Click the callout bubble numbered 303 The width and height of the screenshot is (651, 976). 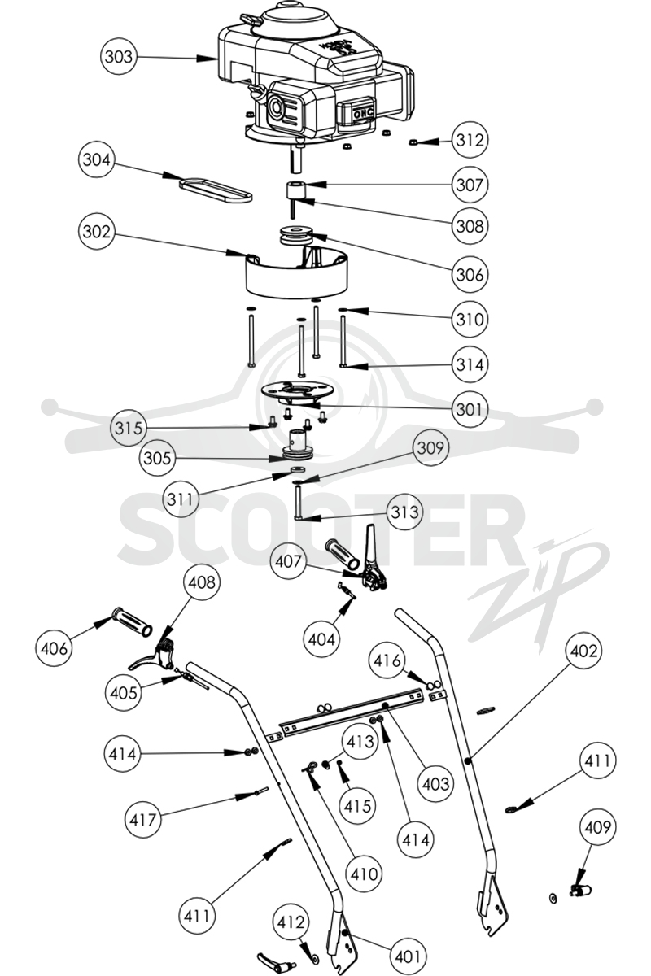pyautogui.click(x=119, y=57)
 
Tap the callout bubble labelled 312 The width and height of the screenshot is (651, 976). pyautogui.click(x=470, y=140)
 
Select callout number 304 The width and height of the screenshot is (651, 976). pyautogui.click(x=96, y=160)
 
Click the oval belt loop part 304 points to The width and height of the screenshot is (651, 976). pyautogui.click(x=216, y=189)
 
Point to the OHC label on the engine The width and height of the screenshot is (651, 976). pyautogui.click(x=363, y=113)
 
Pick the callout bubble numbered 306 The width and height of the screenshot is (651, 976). pyautogui.click(x=470, y=275)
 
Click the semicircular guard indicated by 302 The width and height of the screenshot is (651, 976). pyautogui.click(x=297, y=272)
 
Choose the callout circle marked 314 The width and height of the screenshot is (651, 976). pyautogui.click(x=470, y=364)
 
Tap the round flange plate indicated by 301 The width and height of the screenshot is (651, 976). pyautogui.click(x=297, y=390)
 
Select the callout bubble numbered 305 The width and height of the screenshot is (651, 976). pyautogui.click(x=157, y=459)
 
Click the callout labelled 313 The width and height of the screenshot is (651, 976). pyautogui.click(x=405, y=512)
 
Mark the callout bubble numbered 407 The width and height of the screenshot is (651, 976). pyautogui.click(x=288, y=560)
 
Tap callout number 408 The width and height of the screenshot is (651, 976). pyautogui.click(x=203, y=582)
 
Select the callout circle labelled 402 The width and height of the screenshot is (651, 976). pyautogui.click(x=583, y=651)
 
